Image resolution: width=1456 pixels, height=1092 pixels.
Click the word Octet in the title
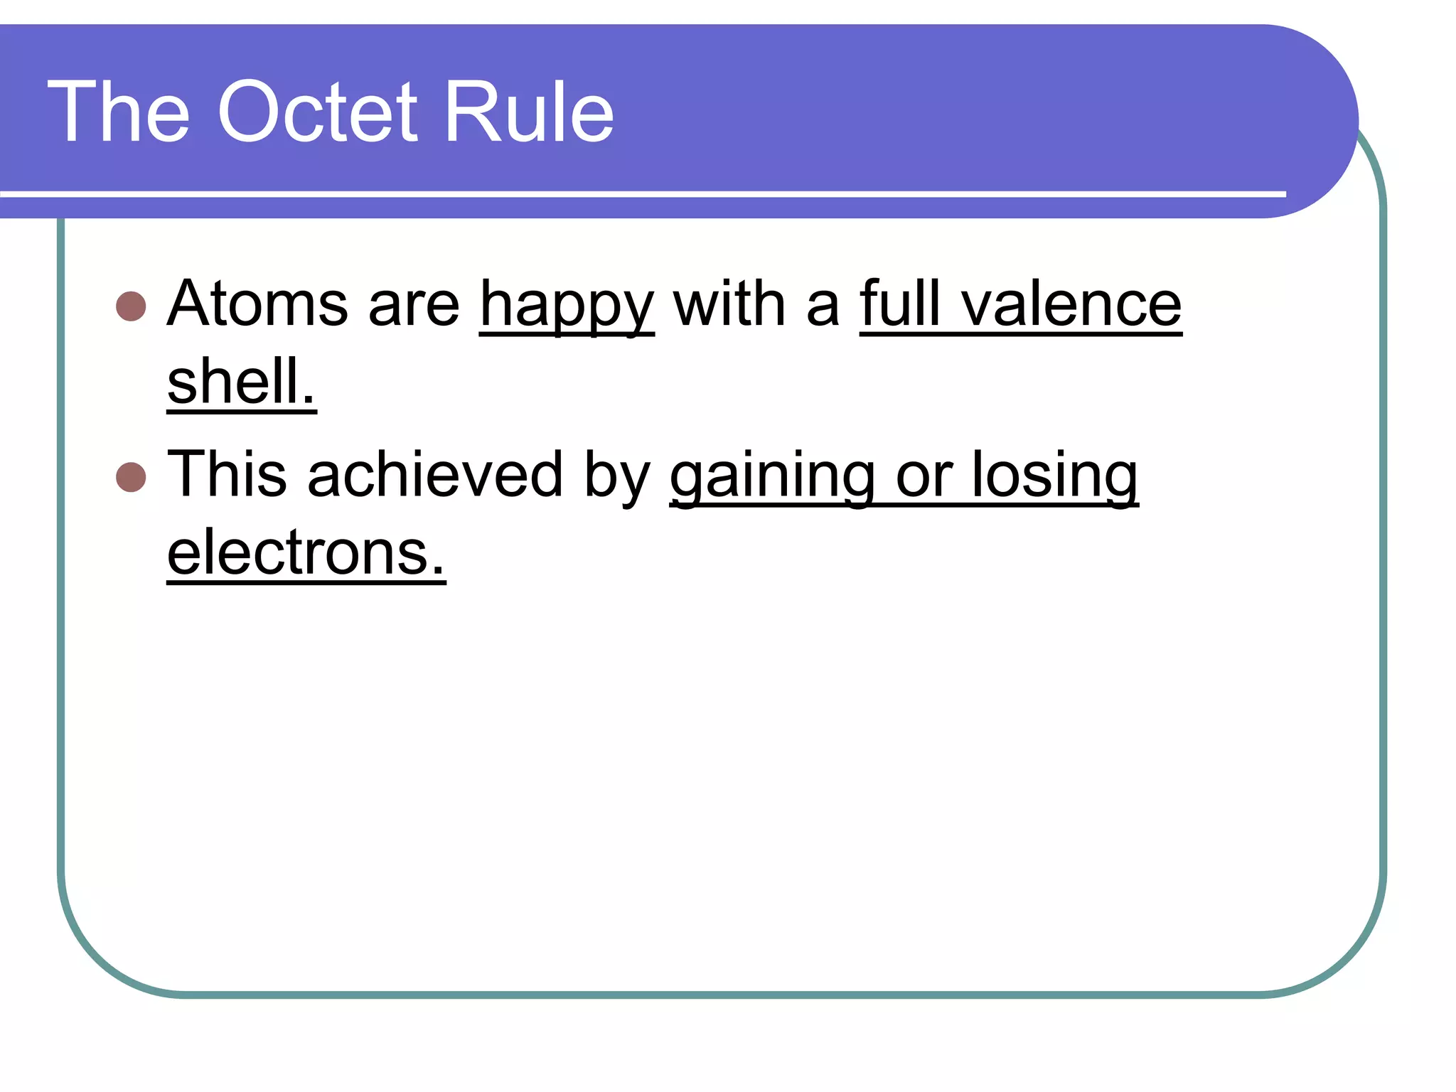click(318, 112)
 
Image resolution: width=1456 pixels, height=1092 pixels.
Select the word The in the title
click(119, 112)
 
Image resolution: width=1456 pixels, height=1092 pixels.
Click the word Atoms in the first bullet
click(257, 304)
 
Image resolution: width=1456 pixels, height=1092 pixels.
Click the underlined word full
click(900, 304)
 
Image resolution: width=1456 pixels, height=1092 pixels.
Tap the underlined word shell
click(241, 381)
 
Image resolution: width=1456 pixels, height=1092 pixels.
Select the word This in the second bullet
click(227, 473)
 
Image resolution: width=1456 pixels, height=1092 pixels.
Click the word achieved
click(435, 475)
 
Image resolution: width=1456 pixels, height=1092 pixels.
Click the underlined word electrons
click(306, 553)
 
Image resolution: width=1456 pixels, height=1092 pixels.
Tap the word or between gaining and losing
click(924, 476)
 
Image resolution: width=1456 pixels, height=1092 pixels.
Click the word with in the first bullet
click(729, 304)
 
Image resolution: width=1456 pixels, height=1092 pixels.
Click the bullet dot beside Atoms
click(131, 306)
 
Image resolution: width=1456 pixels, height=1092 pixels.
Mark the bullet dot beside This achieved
click(131, 477)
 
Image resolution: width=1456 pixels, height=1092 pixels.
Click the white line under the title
click(640, 193)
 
